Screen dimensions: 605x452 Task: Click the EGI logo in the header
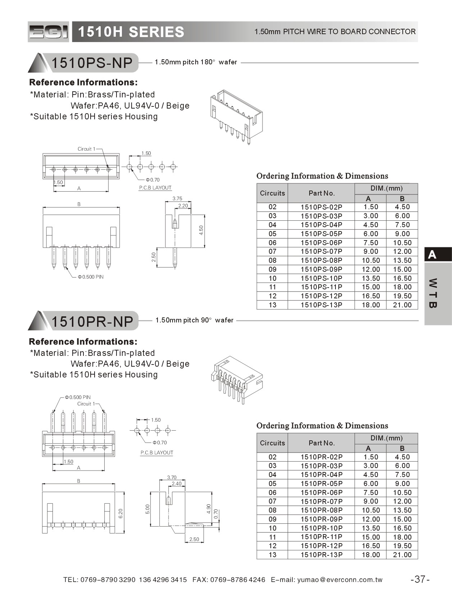(48, 32)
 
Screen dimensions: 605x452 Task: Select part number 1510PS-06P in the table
(321, 243)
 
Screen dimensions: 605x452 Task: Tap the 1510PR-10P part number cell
(321, 528)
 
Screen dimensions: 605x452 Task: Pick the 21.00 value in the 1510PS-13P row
(402, 305)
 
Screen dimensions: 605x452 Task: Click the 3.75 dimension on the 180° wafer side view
(177, 198)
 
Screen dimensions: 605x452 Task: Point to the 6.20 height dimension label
(120, 513)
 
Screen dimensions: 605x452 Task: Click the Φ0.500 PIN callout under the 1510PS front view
(91, 277)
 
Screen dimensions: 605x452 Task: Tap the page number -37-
(420, 579)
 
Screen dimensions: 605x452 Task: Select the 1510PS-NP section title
(92, 63)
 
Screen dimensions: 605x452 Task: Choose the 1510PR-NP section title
(92, 321)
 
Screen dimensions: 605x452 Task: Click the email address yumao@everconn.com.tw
(340, 579)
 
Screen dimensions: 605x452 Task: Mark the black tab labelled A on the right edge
(438, 255)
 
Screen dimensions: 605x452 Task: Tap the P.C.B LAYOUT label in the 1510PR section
(157, 453)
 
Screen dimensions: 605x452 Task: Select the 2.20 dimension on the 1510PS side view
(183, 206)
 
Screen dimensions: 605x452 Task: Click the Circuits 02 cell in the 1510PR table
(272, 457)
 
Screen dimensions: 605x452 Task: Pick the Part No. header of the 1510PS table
(321, 193)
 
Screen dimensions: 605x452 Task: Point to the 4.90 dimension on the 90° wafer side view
(209, 509)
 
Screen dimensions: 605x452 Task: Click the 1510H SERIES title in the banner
(131, 32)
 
